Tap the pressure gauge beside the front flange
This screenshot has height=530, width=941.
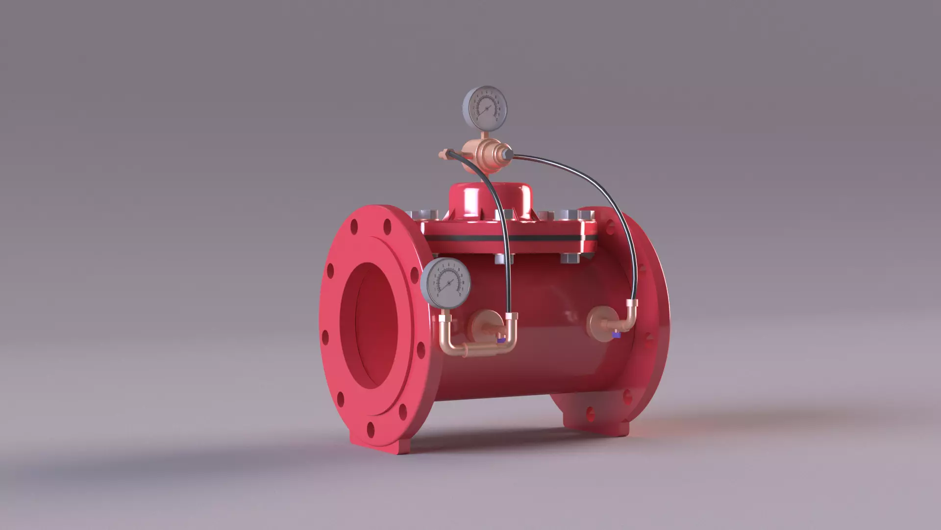click(x=446, y=283)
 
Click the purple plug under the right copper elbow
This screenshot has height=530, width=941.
click(x=617, y=336)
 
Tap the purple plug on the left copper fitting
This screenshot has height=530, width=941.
click(x=500, y=340)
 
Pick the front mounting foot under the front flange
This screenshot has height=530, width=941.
click(x=387, y=444)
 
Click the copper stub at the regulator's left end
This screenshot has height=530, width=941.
click(x=444, y=155)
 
